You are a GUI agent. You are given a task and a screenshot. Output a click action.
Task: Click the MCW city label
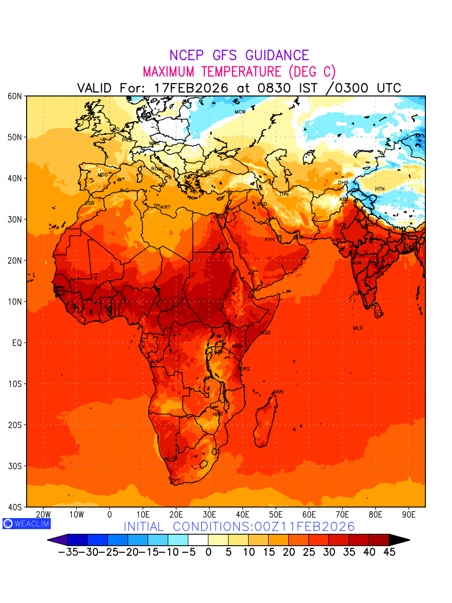coord(240,112)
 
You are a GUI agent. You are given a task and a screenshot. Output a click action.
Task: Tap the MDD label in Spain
coord(102,175)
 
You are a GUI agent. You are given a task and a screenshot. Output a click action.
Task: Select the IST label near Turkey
coord(209,172)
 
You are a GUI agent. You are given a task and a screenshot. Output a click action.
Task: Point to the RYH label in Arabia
coord(270,240)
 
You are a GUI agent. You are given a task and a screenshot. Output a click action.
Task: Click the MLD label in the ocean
coord(358,328)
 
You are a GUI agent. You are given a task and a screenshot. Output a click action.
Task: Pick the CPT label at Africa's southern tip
coord(175,481)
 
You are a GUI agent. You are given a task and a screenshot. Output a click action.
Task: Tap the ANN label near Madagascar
coord(278,392)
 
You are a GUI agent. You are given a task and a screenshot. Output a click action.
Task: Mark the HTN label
coord(380,189)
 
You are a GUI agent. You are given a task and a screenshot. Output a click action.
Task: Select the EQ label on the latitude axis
coord(17,343)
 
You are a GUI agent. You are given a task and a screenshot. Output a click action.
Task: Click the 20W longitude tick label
coord(43,515)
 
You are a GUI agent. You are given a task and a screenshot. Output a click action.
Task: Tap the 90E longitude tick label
coord(409,515)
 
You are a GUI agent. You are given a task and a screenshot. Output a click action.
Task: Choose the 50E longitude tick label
coord(276,515)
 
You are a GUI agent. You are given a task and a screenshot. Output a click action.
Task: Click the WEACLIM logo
coord(27,524)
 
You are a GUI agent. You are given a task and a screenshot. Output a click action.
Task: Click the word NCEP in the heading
coord(185,55)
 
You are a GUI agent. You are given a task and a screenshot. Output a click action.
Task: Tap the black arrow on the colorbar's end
coord(399,540)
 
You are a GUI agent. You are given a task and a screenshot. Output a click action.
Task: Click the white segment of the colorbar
coord(198,540)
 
